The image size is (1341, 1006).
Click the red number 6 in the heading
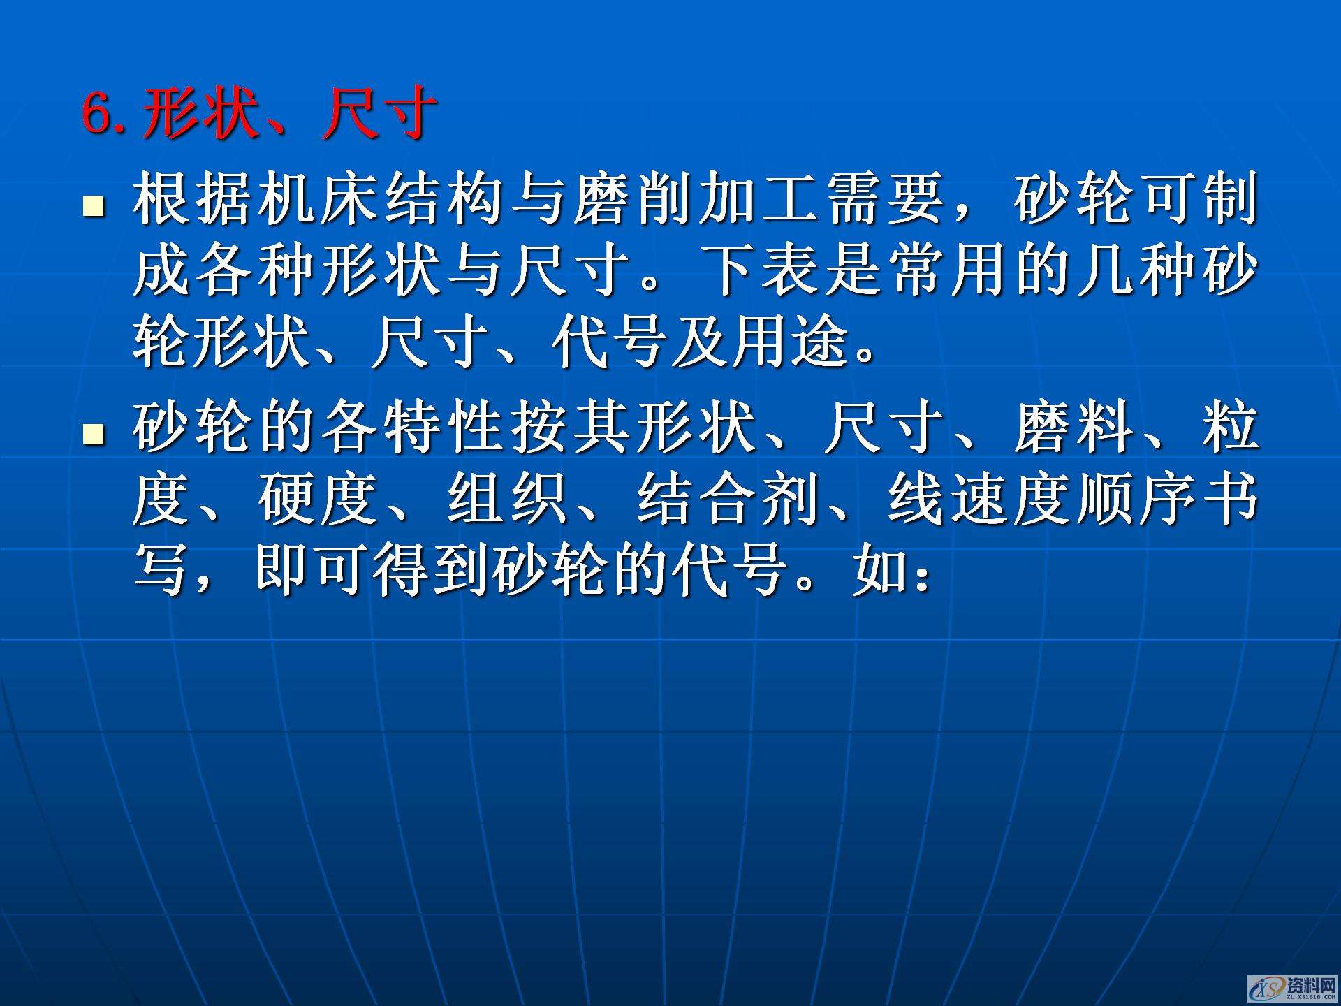point(98,113)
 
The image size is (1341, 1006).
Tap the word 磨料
point(1075,428)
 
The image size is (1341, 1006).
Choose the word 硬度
point(319,499)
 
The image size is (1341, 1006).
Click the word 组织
point(508,499)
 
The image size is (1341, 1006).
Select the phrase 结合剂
point(728,499)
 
